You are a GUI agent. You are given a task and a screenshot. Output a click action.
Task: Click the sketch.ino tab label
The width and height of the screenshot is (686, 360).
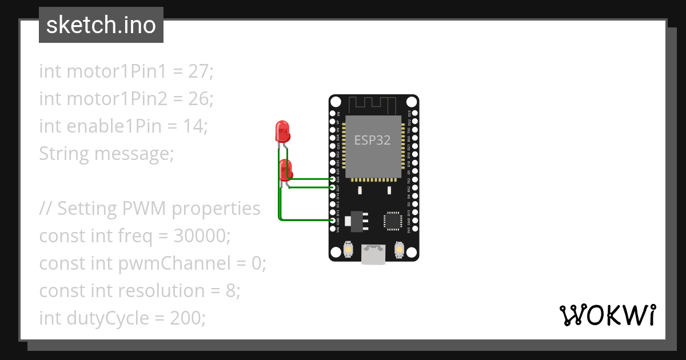pyautogui.click(x=101, y=25)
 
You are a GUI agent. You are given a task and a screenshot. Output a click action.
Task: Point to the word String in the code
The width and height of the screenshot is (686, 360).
pyautogui.click(x=64, y=154)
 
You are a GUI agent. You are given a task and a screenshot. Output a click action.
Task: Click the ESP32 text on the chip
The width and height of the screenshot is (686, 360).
pyautogui.click(x=373, y=140)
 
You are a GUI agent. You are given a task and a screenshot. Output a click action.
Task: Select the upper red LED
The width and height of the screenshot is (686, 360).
pyautogui.click(x=282, y=131)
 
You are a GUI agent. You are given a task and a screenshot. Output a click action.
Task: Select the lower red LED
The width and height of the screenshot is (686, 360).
pyautogui.click(x=286, y=170)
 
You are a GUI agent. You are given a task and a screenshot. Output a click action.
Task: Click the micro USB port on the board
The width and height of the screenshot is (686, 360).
pyautogui.click(x=373, y=254)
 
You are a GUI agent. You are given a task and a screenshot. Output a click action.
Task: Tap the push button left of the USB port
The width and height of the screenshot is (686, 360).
pyautogui.click(x=348, y=250)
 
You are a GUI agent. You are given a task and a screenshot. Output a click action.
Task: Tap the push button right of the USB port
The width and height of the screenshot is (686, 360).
pyautogui.click(x=399, y=250)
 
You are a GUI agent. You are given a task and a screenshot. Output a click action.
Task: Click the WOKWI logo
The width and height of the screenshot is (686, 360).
pyautogui.click(x=607, y=315)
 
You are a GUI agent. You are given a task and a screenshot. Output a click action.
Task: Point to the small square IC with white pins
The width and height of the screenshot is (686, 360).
pyautogui.click(x=393, y=221)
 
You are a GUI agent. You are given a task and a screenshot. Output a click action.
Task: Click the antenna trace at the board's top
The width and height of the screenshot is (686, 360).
pyautogui.click(x=373, y=105)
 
